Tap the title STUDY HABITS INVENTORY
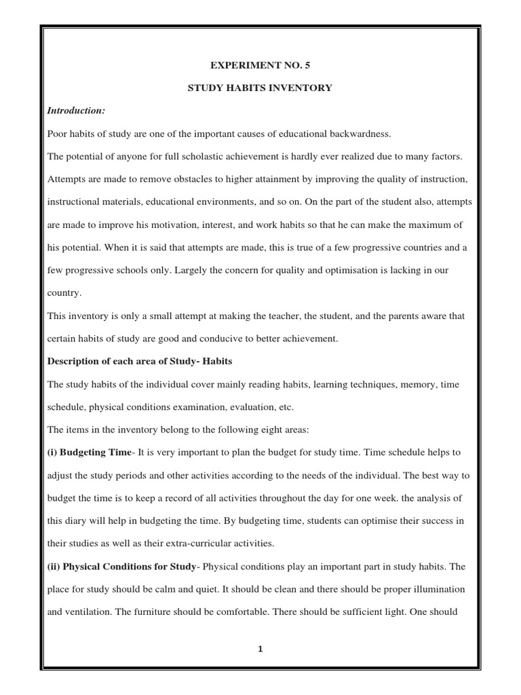(x=260, y=88)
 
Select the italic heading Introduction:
(x=75, y=111)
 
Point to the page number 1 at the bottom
(x=260, y=648)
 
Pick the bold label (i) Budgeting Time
(x=88, y=453)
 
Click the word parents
(x=401, y=315)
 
